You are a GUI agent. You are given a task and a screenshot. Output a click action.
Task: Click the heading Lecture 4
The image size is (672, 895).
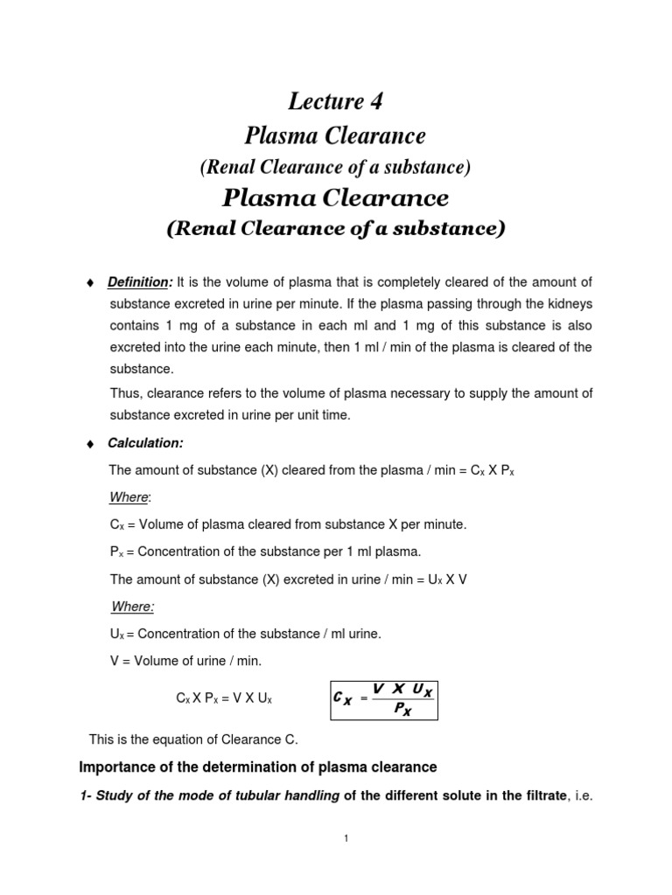(335, 102)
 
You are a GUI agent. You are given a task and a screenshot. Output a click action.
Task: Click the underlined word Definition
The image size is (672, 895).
(137, 282)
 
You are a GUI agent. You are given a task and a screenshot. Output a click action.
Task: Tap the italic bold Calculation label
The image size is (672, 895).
(145, 444)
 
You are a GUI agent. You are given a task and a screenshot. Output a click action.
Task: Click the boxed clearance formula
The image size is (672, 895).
(383, 700)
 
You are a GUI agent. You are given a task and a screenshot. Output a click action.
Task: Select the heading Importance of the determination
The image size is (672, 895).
(257, 767)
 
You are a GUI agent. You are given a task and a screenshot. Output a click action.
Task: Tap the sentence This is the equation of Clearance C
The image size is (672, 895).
(194, 739)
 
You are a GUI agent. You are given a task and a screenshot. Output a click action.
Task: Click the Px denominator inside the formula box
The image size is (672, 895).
(402, 711)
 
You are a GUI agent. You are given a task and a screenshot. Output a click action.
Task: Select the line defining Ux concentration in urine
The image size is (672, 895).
(245, 633)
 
